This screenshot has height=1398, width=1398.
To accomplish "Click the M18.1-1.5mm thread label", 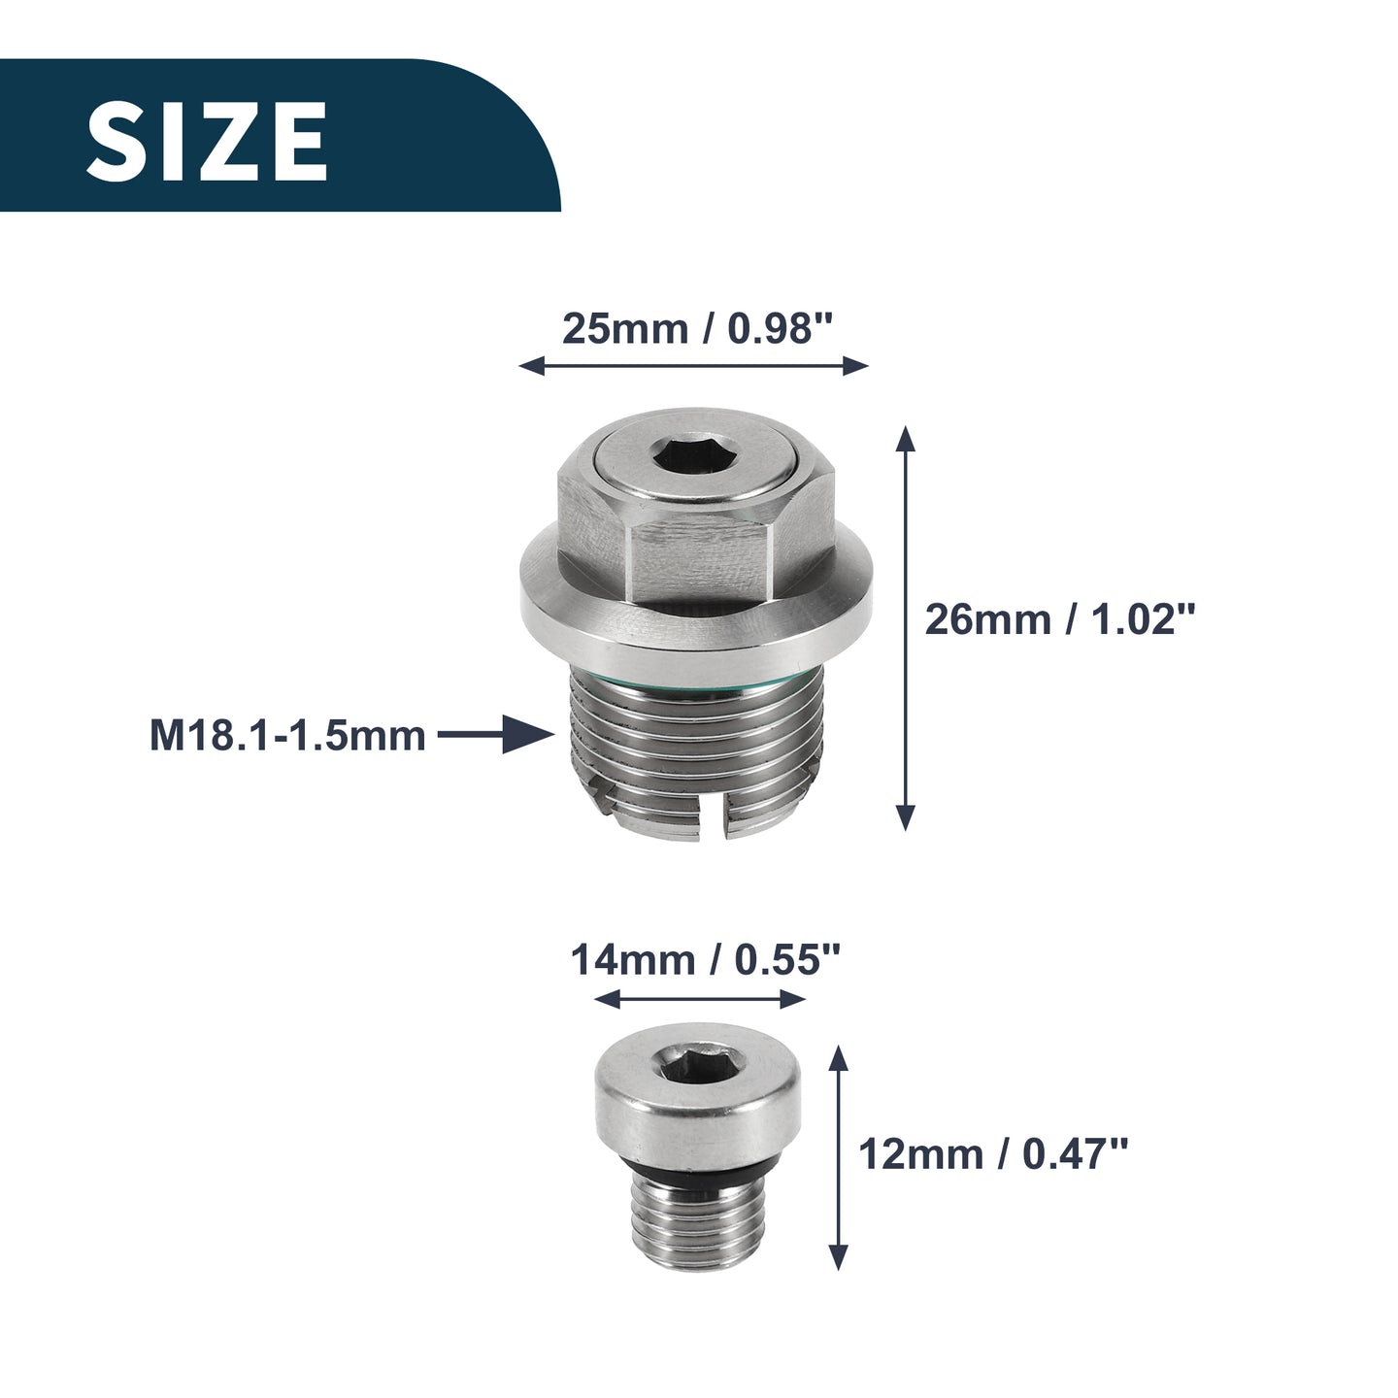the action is (287, 736).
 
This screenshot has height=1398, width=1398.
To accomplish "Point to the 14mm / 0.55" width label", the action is (705, 960).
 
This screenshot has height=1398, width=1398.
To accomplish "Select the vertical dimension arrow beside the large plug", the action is (905, 628).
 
